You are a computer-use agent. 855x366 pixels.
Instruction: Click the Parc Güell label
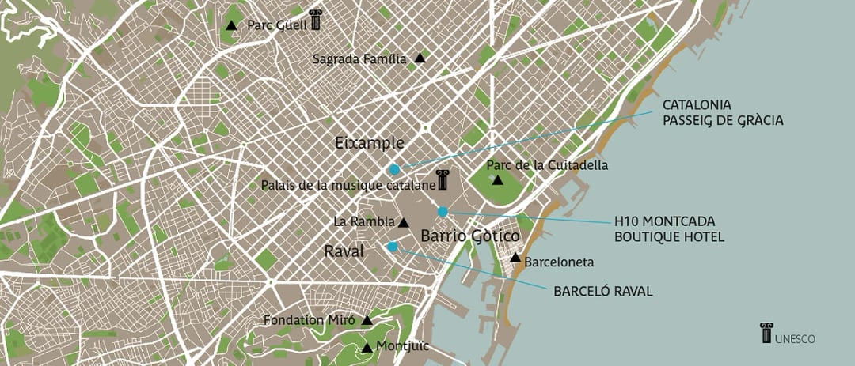[276, 25]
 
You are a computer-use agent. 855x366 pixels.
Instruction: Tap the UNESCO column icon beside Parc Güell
[316, 20]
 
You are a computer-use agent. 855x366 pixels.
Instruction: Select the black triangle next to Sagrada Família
[420, 58]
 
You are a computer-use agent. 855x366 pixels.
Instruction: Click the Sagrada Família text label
[359, 58]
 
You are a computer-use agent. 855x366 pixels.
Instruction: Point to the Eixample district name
[369, 143]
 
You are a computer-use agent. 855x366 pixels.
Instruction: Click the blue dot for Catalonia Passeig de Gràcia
[394, 169]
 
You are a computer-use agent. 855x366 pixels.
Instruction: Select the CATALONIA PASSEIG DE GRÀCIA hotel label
[722, 113]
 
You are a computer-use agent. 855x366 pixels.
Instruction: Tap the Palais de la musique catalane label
[348, 185]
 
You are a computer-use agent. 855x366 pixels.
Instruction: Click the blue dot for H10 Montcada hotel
[443, 211]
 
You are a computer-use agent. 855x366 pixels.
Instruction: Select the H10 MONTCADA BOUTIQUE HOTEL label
[669, 228]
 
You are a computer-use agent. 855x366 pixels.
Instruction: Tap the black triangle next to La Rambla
[404, 223]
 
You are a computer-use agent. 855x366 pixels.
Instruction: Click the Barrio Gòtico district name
[469, 236]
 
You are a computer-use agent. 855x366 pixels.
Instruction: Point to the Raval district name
[344, 251]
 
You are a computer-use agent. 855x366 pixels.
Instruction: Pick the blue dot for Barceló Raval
[393, 247]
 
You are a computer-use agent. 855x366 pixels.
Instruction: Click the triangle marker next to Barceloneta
[515, 258]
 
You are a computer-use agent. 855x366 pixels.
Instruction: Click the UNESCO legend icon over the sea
[766, 333]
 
